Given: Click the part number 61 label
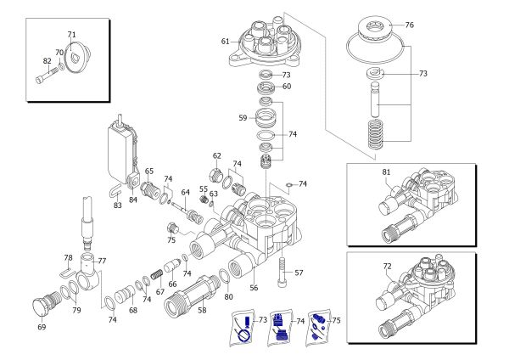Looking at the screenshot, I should click(x=226, y=41).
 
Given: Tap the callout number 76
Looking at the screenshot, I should click(x=409, y=25).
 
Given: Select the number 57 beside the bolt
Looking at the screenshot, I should click(x=298, y=273).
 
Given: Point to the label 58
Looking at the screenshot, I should click(x=201, y=311).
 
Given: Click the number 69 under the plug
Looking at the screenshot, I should click(x=42, y=325).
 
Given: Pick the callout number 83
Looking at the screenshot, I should click(x=118, y=205).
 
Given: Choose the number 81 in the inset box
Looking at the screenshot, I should click(x=387, y=172).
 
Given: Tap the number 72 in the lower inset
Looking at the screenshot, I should click(x=387, y=266).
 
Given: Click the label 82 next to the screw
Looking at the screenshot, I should click(x=48, y=60).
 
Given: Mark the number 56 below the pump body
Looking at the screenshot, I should click(x=252, y=288).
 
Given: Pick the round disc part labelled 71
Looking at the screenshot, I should click(x=79, y=57).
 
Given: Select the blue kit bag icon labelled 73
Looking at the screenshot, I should click(x=246, y=329).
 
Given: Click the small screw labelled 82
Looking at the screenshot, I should click(x=45, y=81).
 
